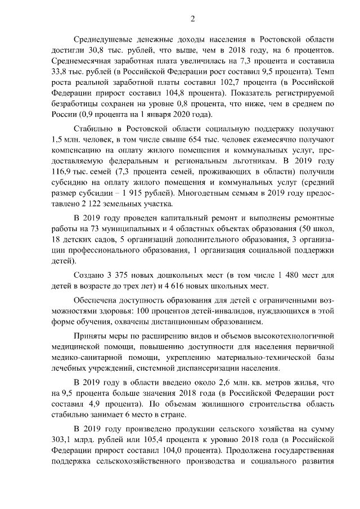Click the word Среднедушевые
(104, 39)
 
